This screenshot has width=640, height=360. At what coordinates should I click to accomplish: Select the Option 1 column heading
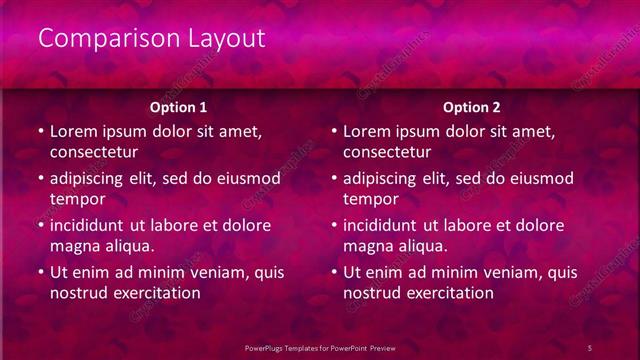[x=179, y=107]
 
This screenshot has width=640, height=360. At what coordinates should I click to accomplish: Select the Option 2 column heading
[x=472, y=107]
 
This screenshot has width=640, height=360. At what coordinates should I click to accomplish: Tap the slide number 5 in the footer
[x=590, y=347]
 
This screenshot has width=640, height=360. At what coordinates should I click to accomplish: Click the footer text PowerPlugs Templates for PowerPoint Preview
[x=320, y=347]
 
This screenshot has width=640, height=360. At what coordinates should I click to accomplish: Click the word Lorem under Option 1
[x=74, y=131]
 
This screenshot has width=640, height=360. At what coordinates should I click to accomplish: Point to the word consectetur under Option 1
[x=94, y=152]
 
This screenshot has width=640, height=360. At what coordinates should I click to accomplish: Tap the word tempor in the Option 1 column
[x=75, y=199]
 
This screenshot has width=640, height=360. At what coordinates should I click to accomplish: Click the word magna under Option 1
[x=74, y=246]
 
